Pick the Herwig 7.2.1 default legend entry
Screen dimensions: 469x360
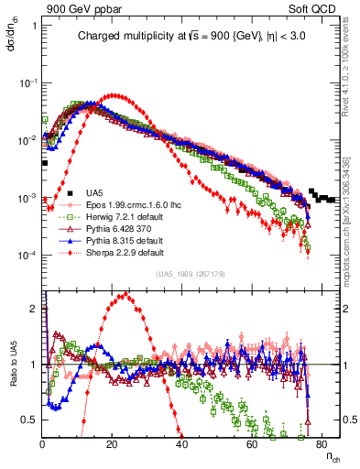pos(114,216)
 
